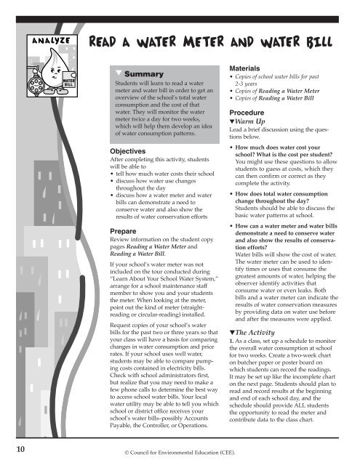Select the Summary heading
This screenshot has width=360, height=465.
(x=142, y=74)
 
